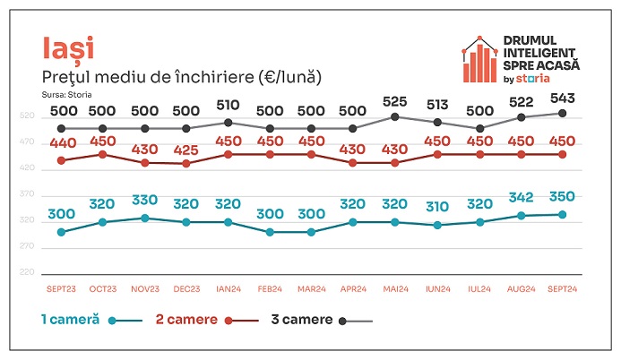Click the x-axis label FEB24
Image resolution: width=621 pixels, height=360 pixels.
(270, 288)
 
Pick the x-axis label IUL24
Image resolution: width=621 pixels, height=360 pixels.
(479, 288)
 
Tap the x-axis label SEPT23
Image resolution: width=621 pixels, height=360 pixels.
(61, 288)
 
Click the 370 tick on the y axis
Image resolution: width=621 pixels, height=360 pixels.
(27, 194)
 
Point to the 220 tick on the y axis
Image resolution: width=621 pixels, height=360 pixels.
(27, 272)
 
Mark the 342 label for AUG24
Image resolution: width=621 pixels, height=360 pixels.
(521, 196)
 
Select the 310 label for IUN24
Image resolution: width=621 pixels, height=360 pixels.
(436, 207)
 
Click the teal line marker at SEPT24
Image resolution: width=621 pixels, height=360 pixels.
(562, 214)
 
